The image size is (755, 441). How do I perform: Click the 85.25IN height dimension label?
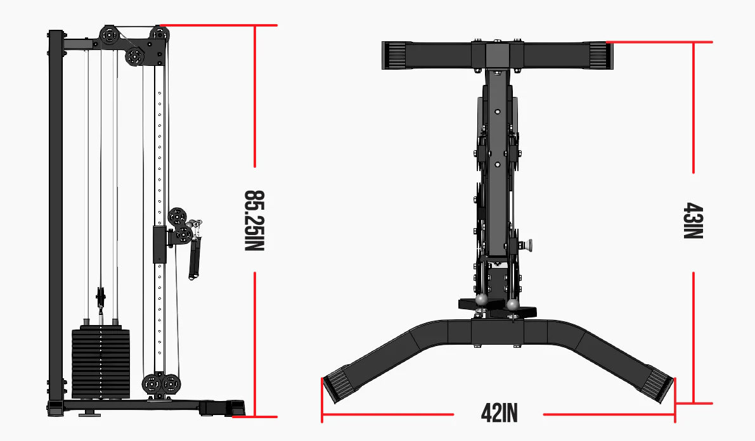(254, 220)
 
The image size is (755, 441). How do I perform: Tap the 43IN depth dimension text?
(694, 221)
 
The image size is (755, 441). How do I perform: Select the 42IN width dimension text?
(499, 414)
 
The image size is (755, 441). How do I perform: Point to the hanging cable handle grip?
(194, 259)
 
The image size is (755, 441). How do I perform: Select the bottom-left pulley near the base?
(152, 383)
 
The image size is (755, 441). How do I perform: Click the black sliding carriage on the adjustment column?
(159, 243)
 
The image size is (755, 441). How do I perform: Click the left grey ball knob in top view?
(481, 299)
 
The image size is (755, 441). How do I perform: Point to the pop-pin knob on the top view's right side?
(527, 244)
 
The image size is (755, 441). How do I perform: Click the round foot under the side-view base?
(89, 414)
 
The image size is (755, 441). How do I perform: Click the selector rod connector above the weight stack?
(100, 297)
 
